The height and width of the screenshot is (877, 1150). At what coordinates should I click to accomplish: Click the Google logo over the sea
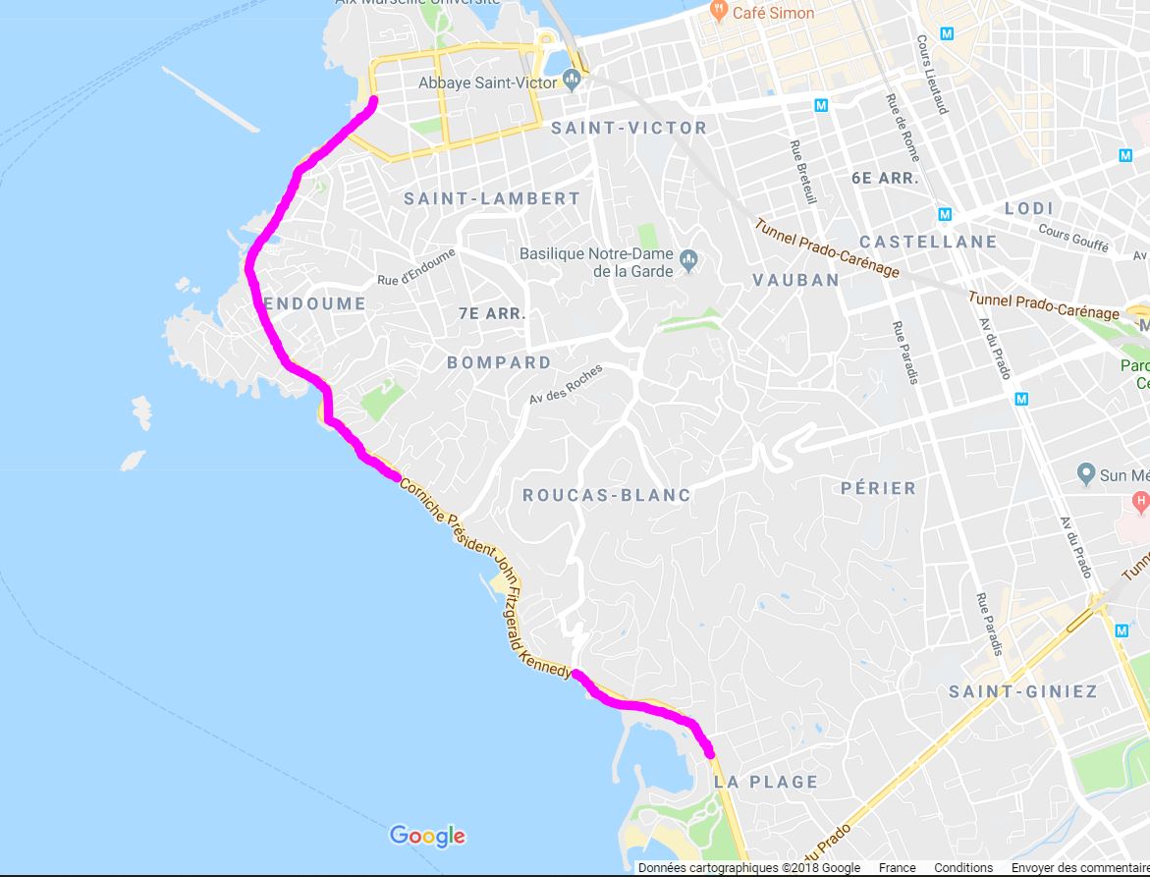pos(427,836)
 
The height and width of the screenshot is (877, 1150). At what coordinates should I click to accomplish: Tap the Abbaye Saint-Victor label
pos(487,83)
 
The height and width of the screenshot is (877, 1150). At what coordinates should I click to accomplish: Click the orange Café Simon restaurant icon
pos(719,12)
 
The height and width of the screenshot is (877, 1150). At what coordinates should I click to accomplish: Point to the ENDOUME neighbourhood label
pos(314,304)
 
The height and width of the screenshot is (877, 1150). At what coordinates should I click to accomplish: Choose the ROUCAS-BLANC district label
pos(606,496)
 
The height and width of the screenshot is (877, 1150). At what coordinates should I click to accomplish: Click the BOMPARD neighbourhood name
pos(499,362)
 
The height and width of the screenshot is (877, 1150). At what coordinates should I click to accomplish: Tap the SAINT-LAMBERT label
pos(492,198)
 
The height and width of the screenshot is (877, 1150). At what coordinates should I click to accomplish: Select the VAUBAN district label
pos(795,280)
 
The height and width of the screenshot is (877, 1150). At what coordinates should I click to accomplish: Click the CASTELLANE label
pos(927,242)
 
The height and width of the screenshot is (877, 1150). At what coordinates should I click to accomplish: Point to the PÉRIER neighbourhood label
pos(878,488)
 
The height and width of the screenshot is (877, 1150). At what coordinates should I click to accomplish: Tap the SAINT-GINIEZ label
pos(1022,691)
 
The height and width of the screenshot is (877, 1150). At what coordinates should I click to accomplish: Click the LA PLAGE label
pos(766,782)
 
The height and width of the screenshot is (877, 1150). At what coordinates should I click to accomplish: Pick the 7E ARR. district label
pos(492,314)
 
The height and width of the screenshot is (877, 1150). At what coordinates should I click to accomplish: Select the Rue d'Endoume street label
pos(416,268)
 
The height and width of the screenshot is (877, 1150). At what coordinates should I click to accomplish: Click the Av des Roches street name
pos(565,384)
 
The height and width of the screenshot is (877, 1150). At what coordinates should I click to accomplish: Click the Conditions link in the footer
pos(962,868)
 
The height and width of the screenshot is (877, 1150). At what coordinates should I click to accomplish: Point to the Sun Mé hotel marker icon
pos(1085,474)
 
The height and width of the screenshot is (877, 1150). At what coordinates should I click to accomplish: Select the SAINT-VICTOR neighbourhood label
pos(629,128)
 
